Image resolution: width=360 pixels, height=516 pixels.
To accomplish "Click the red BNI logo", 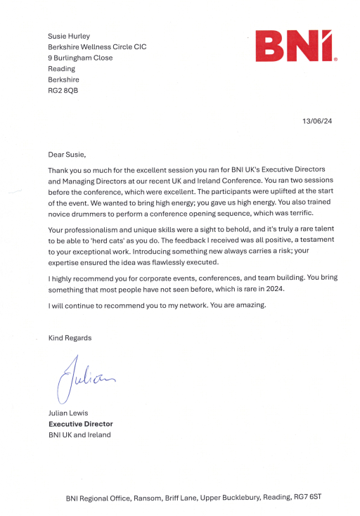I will click(297, 46).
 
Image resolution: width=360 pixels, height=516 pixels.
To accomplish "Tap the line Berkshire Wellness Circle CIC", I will click(97, 46).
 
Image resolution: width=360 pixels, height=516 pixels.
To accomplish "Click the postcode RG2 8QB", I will click(63, 91).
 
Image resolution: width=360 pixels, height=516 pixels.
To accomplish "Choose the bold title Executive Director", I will click(80, 424).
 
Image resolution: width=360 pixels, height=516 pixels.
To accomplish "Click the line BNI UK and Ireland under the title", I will click(79, 434).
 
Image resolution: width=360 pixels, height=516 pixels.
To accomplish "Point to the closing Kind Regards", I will click(70, 338).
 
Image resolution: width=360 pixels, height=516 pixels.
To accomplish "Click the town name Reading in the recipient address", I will click(62, 69).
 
